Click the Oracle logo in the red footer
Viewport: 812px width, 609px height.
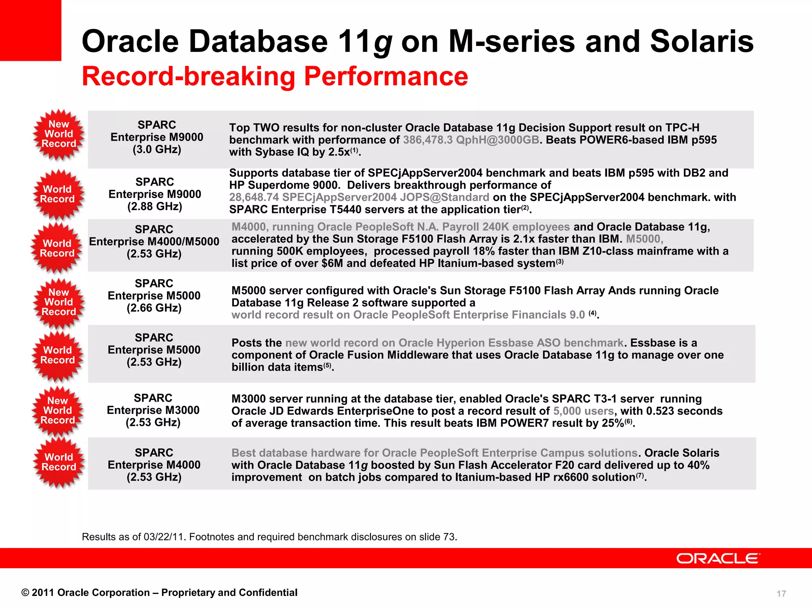(x=718, y=558)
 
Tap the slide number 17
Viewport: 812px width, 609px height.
(x=781, y=594)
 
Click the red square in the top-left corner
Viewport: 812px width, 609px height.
(x=31, y=30)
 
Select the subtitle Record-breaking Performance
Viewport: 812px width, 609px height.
(x=275, y=76)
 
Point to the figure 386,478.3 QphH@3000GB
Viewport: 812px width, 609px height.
(x=471, y=140)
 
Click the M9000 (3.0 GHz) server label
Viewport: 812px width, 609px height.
(x=157, y=137)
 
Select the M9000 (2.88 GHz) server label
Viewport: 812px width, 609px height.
(x=155, y=194)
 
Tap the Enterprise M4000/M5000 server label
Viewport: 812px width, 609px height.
(x=154, y=241)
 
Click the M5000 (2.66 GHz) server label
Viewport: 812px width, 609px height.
(x=154, y=296)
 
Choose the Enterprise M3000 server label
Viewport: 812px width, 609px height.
(x=153, y=410)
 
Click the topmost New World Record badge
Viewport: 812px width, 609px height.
(x=59, y=134)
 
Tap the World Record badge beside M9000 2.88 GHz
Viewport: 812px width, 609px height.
(x=58, y=194)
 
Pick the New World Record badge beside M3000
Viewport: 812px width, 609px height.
(x=58, y=411)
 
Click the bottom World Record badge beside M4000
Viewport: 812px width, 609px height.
(x=59, y=462)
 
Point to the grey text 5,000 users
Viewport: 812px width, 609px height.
(x=584, y=411)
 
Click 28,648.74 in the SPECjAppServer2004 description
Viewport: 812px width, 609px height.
(x=254, y=197)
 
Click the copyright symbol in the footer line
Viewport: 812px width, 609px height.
(x=25, y=593)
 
